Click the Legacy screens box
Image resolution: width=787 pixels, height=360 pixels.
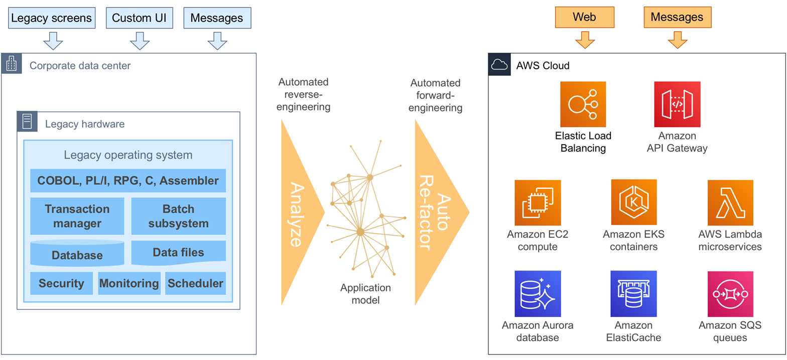coord(52,19)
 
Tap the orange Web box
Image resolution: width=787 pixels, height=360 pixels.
coord(584,18)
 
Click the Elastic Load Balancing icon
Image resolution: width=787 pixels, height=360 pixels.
coord(583,104)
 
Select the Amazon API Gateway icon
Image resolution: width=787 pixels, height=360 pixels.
coord(677,104)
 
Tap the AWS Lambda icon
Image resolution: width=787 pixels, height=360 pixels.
coord(730,202)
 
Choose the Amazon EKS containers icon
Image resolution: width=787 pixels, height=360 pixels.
coord(634,202)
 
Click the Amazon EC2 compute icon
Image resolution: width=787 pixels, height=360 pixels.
coord(538,202)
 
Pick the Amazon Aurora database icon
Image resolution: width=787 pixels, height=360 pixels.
coord(538,294)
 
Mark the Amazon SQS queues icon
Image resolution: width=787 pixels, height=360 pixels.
coord(730,294)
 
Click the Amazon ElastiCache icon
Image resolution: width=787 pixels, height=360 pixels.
coord(634,294)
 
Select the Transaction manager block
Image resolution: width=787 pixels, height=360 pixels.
coord(77,216)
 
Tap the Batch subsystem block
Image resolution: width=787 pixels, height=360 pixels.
coord(178,216)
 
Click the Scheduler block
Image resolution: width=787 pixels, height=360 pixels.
coord(195,283)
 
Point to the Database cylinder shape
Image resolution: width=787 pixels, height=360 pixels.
coord(77,254)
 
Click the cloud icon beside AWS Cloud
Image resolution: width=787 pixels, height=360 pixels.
coord(499,65)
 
